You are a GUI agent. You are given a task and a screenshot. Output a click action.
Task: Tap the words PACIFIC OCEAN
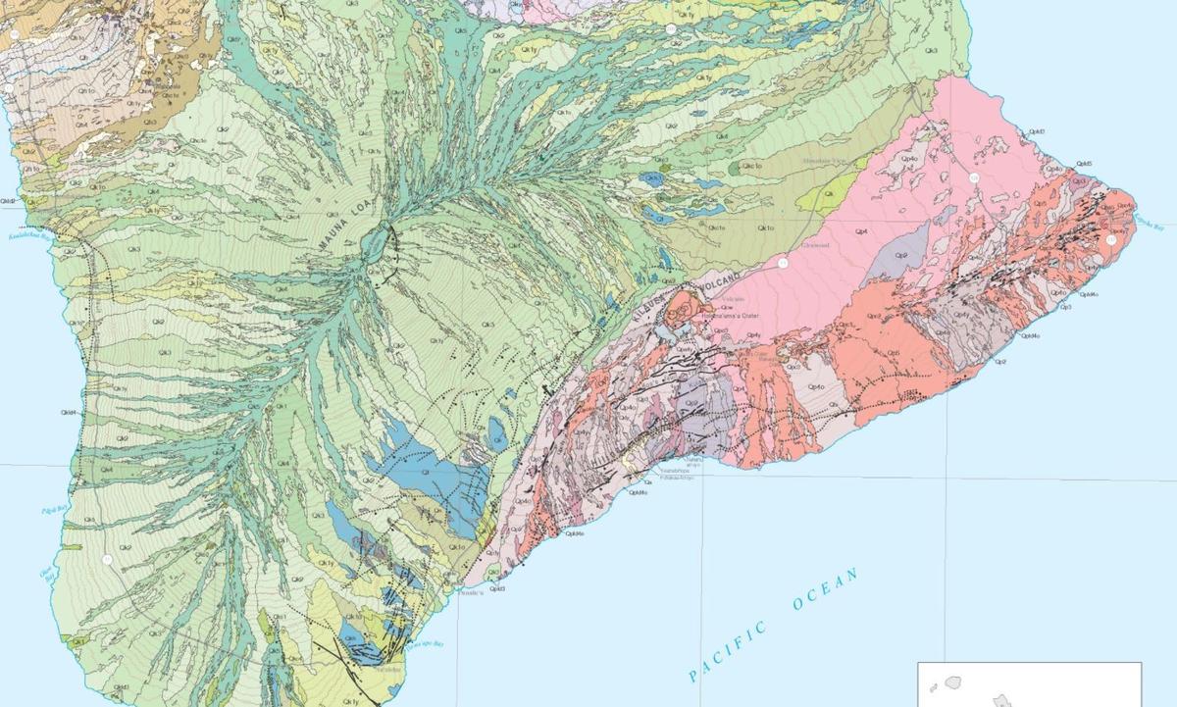click(774, 624)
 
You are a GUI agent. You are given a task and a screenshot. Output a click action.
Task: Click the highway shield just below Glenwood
click(783, 264)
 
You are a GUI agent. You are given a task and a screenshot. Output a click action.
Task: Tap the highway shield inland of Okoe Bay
click(107, 559)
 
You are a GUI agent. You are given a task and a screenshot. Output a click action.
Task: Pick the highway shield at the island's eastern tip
click(1110, 239)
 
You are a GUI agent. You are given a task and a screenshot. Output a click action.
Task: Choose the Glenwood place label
click(816, 245)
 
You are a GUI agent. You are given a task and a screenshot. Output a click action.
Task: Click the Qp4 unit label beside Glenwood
click(860, 231)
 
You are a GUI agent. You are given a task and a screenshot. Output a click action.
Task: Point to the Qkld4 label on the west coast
click(69, 413)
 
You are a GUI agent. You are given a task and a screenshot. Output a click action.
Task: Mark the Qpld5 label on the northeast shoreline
click(1084, 164)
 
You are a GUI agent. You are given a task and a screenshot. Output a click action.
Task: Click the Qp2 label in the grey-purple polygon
click(901, 255)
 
